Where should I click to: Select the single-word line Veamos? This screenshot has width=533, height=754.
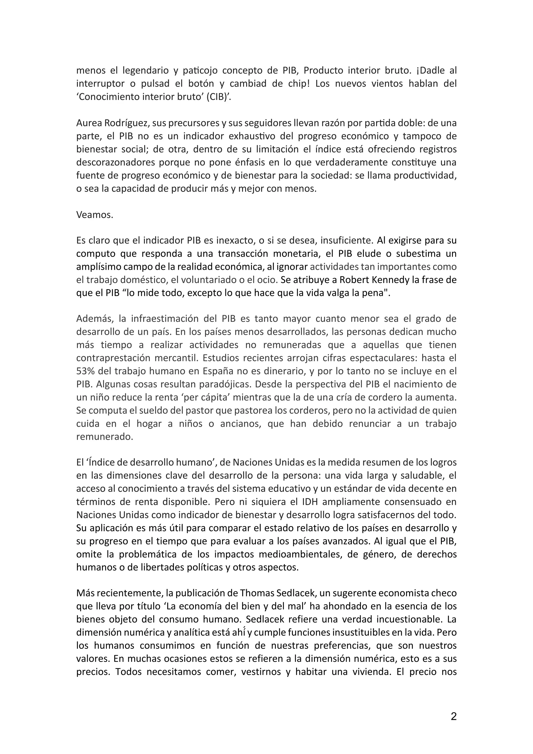(x=94, y=215)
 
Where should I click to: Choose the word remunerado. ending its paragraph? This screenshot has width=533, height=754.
(x=105, y=437)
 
